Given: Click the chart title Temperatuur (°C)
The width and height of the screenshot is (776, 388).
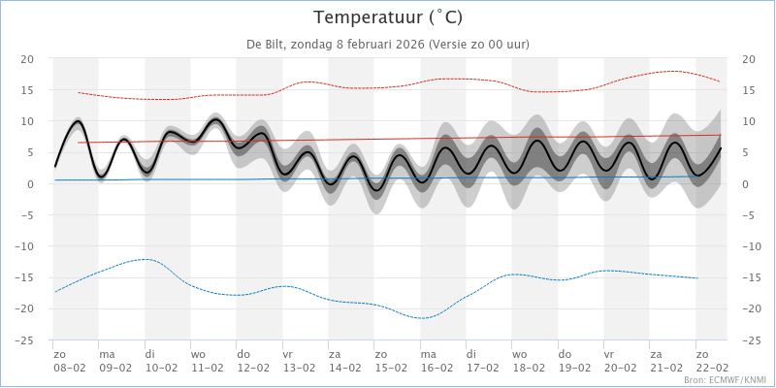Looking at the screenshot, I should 388,17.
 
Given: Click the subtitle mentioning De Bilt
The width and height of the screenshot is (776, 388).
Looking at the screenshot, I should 388,45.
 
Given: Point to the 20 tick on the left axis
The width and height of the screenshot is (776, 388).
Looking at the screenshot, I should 28,59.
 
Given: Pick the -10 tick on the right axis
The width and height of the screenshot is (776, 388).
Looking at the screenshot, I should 752,246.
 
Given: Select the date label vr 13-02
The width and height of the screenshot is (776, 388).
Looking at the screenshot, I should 298,361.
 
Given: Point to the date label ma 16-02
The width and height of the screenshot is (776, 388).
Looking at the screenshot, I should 436,361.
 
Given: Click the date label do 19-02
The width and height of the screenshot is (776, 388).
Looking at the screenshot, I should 573,361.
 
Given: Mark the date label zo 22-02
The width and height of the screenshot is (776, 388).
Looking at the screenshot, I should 711,361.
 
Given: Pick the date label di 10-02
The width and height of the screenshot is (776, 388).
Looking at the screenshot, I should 160,361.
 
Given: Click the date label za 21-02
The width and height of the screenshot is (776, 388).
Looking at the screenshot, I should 665,361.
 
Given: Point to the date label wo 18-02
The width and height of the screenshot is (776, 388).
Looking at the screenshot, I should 528,361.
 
